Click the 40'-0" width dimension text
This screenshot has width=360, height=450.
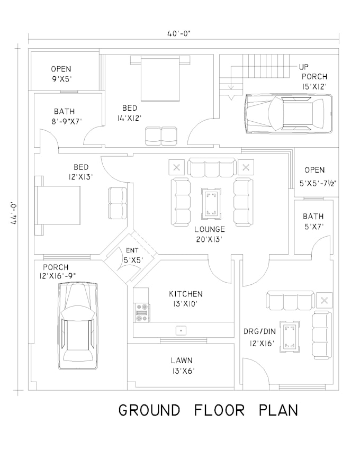[x=179, y=33]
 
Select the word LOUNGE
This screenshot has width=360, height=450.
[x=209, y=229]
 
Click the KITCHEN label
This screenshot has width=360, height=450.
[x=186, y=294]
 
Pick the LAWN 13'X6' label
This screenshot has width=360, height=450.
[x=181, y=365]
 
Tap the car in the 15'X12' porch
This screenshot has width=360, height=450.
[x=289, y=113]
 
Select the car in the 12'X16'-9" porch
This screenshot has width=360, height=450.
[x=78, y=325]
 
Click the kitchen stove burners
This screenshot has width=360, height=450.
[x=142, y=312]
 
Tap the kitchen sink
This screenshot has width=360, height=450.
[x=181, y=330]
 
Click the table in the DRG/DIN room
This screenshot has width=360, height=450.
[x=289, y=336]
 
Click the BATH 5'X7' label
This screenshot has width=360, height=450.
[x=313, y=221]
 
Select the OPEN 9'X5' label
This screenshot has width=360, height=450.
[x=61, y=74]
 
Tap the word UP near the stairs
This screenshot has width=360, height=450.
[x=304, y=67]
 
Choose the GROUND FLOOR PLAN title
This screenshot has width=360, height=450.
[x=208, y=410]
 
